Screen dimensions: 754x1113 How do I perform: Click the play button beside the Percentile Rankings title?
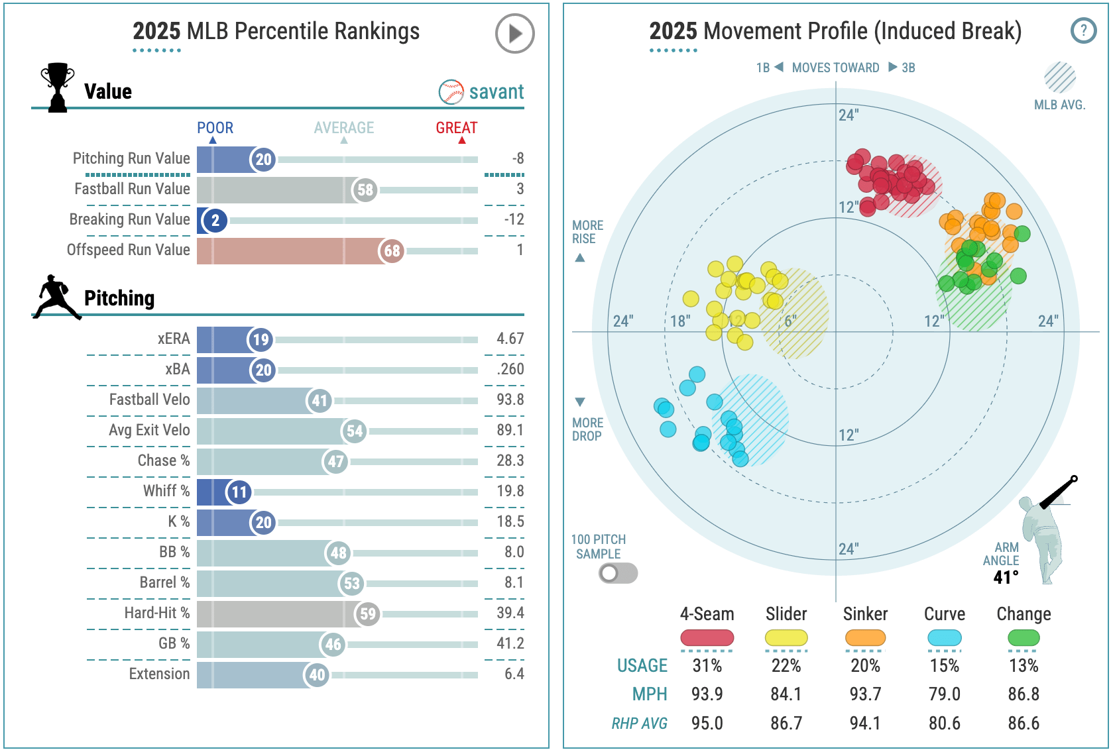pos(514,33)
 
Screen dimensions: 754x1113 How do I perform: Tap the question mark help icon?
pos(1083,30)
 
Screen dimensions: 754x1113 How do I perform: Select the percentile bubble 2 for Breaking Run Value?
pos(215,220)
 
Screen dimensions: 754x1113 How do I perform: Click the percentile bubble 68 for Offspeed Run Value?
pos(392,250)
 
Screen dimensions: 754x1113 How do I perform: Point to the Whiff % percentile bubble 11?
pos(239,492)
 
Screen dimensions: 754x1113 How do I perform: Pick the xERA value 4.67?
pos(510,339)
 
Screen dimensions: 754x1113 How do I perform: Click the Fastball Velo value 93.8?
pos(510,400)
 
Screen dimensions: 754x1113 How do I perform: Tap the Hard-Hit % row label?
pos(156,613)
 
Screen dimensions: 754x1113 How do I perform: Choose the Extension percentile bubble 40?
pos(317,674)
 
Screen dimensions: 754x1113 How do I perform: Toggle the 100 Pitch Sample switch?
pos(618,573)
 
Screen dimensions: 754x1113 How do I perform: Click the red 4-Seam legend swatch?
pos(707,638)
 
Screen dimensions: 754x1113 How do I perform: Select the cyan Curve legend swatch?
pos(944,638)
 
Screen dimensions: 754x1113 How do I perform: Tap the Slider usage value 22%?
pos(786,665)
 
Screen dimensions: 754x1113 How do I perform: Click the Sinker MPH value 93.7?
pos(865,694)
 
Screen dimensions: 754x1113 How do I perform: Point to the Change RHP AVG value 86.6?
pos(1024,723)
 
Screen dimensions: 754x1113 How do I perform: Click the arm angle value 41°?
pos(1005,577)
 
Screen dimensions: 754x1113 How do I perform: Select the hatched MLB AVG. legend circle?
pos(1060,78)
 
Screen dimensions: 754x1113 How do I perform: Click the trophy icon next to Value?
pos(58,87)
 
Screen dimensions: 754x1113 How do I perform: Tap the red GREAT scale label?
pos(456,128)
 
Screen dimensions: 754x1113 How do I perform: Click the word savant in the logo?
pos(496,91)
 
